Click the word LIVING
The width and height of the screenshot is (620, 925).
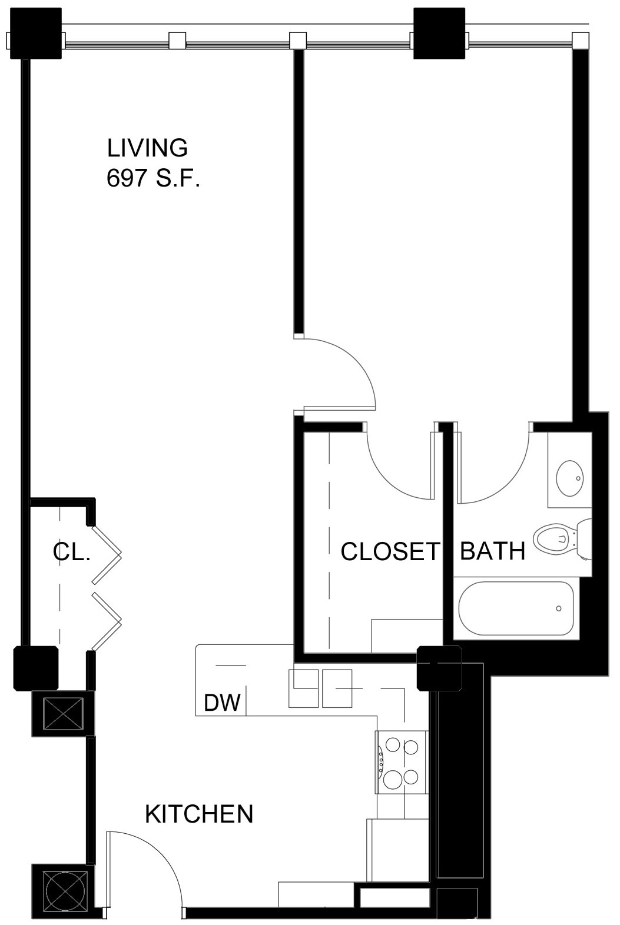pos(147,148)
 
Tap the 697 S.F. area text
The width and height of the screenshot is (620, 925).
pos(153,178)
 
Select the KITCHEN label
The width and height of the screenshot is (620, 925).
pos(199,814)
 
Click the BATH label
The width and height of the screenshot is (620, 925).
pos(492,551)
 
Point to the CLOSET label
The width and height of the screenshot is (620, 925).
pos(390,551)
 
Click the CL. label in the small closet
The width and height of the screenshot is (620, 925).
pos(71,552)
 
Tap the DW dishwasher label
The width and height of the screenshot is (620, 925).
pos(222,702)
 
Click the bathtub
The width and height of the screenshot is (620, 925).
pos(516,608)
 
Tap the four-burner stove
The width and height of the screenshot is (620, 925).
pos(402,763)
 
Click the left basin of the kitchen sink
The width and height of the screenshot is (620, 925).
pos(303,688)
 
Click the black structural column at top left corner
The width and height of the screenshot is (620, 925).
pos(36,33)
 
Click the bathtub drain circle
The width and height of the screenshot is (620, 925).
pos(558,608)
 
